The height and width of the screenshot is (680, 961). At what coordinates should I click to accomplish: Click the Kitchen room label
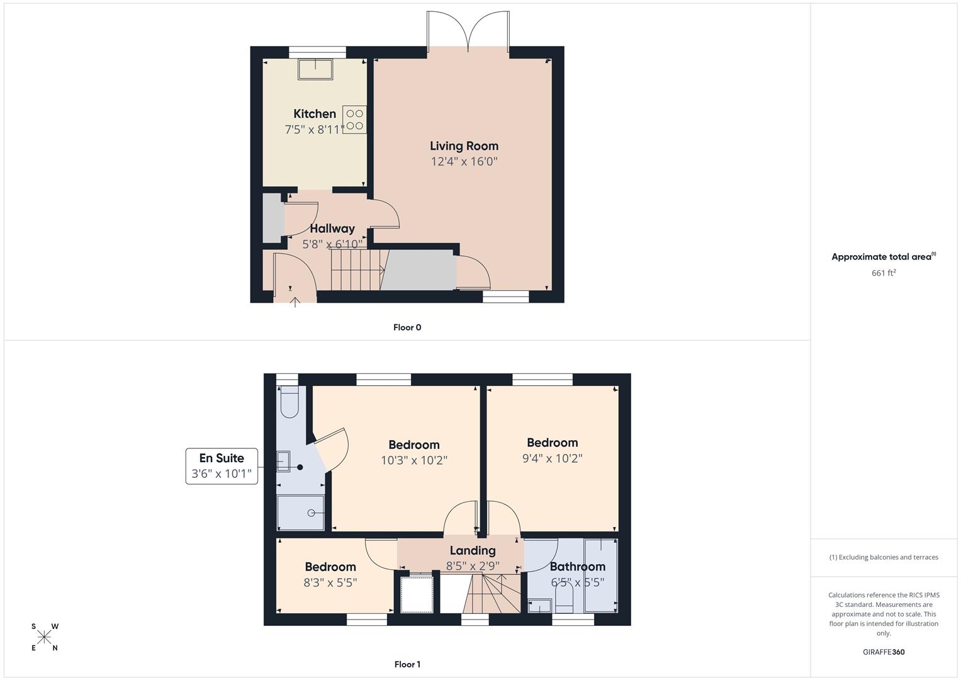click(315, 114)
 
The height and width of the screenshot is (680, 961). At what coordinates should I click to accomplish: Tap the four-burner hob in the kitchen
click(354, 120)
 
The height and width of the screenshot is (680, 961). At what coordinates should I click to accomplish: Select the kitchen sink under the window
click(315, 69)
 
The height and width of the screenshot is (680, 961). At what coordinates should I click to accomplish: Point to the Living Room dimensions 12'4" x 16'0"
click(464, 161)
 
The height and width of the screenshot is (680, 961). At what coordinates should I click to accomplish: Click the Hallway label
click(332, 229)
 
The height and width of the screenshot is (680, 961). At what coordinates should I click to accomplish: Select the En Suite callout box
click(222, 466)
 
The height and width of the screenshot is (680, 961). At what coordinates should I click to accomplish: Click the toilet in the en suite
click(289, 402)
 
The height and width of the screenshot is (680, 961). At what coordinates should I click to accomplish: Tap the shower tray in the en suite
click(301, 513)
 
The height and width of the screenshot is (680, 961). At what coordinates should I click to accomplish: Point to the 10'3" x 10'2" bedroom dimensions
click(414, 461)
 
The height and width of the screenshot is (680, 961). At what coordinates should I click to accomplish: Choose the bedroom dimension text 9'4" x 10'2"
click(552, 458)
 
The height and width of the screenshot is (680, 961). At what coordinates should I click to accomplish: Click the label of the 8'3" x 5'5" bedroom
click(330, 567)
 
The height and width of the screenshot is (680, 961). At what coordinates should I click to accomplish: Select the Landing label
click(473, 550)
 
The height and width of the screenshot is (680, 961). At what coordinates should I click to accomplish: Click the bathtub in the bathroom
click(600, 575)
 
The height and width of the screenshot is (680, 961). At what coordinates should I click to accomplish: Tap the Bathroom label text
click(578, 567)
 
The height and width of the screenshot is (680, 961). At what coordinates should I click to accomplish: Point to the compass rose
click(44, 637)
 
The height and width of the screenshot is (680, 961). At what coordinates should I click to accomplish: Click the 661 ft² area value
click(884, 273)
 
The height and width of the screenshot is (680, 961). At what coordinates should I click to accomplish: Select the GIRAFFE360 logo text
click(884, 652)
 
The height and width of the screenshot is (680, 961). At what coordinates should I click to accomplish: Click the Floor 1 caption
click(407, 664)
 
